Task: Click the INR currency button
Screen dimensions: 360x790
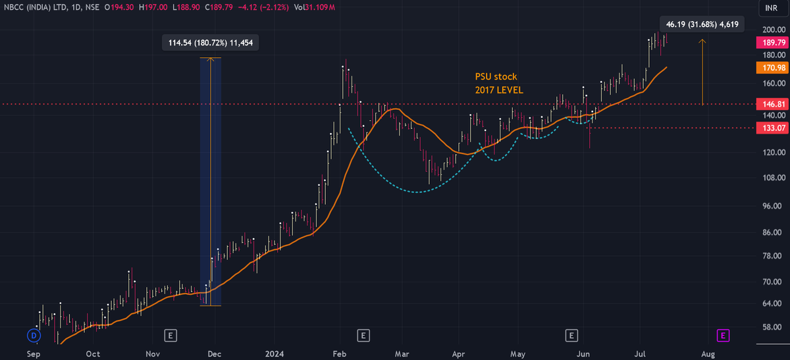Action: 770,9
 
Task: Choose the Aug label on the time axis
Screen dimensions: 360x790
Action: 708,354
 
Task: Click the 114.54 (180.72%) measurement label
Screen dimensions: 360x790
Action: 211,43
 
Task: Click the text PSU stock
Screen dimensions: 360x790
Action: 496,76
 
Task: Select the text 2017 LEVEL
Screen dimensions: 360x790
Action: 499,90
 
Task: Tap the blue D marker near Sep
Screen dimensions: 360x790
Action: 34,336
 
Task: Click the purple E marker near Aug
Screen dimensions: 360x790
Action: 723,336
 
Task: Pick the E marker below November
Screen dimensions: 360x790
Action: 171,336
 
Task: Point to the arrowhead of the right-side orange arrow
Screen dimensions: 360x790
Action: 702,41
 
